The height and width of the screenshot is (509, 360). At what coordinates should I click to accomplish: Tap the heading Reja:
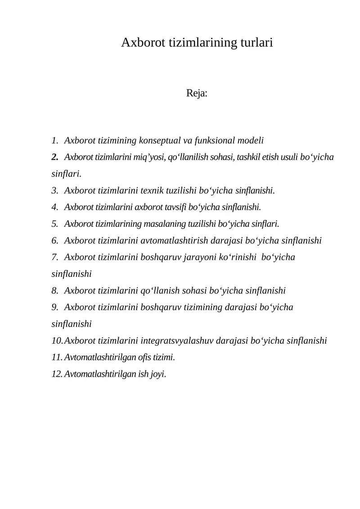click(x=197, y=94)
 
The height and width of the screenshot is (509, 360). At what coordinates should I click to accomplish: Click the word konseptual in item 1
click(x=166, y=140)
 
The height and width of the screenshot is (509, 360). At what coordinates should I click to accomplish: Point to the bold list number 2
click(x=55, y=157)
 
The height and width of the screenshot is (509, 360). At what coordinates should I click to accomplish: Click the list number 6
click(x=55, y=240)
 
